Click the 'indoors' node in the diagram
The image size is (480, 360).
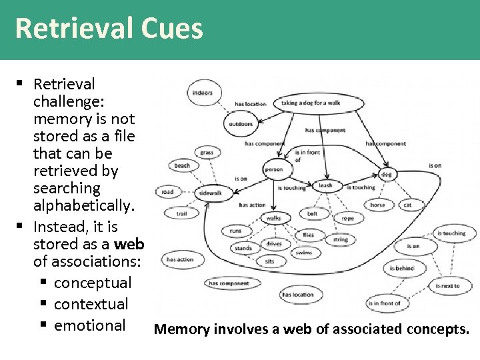click(202, 93)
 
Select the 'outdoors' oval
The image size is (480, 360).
click(241, 124)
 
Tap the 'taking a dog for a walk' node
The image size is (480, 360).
click(311, 103)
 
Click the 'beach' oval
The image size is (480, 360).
click(182, 165)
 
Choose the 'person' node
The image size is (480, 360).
click(273, 169)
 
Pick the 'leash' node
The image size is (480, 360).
click(325, 185)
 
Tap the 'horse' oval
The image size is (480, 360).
click(377, 205)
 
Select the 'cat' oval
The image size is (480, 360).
click(407, 205)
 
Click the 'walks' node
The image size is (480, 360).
click(273, 218)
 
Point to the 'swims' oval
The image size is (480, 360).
click(303, 253)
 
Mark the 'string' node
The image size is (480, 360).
click(340, 239)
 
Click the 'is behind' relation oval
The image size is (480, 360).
click(402, 268)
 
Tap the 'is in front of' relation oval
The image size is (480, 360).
click(384, 304)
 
